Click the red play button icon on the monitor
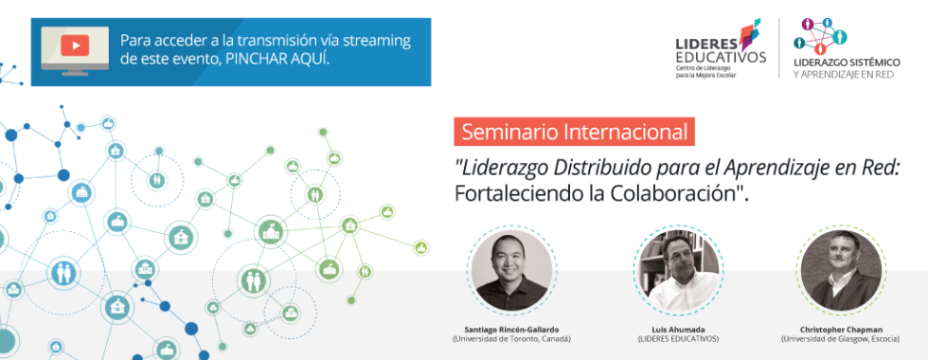[75, 45]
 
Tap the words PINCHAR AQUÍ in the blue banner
[277, 59]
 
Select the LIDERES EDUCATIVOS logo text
[721, 50]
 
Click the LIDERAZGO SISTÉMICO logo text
[847, 63]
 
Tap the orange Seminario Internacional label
[574, 132]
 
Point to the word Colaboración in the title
[674, 193]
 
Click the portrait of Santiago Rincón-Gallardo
[512, 271]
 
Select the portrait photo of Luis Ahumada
[678, 271]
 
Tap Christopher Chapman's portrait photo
[841, 270]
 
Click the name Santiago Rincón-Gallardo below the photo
[512, 330]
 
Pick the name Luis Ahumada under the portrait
[678, 330]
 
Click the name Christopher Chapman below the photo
[841, 330]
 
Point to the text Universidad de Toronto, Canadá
[512, 339]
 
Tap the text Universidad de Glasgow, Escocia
[841, 339]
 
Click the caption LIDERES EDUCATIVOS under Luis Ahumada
[678, 339]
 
